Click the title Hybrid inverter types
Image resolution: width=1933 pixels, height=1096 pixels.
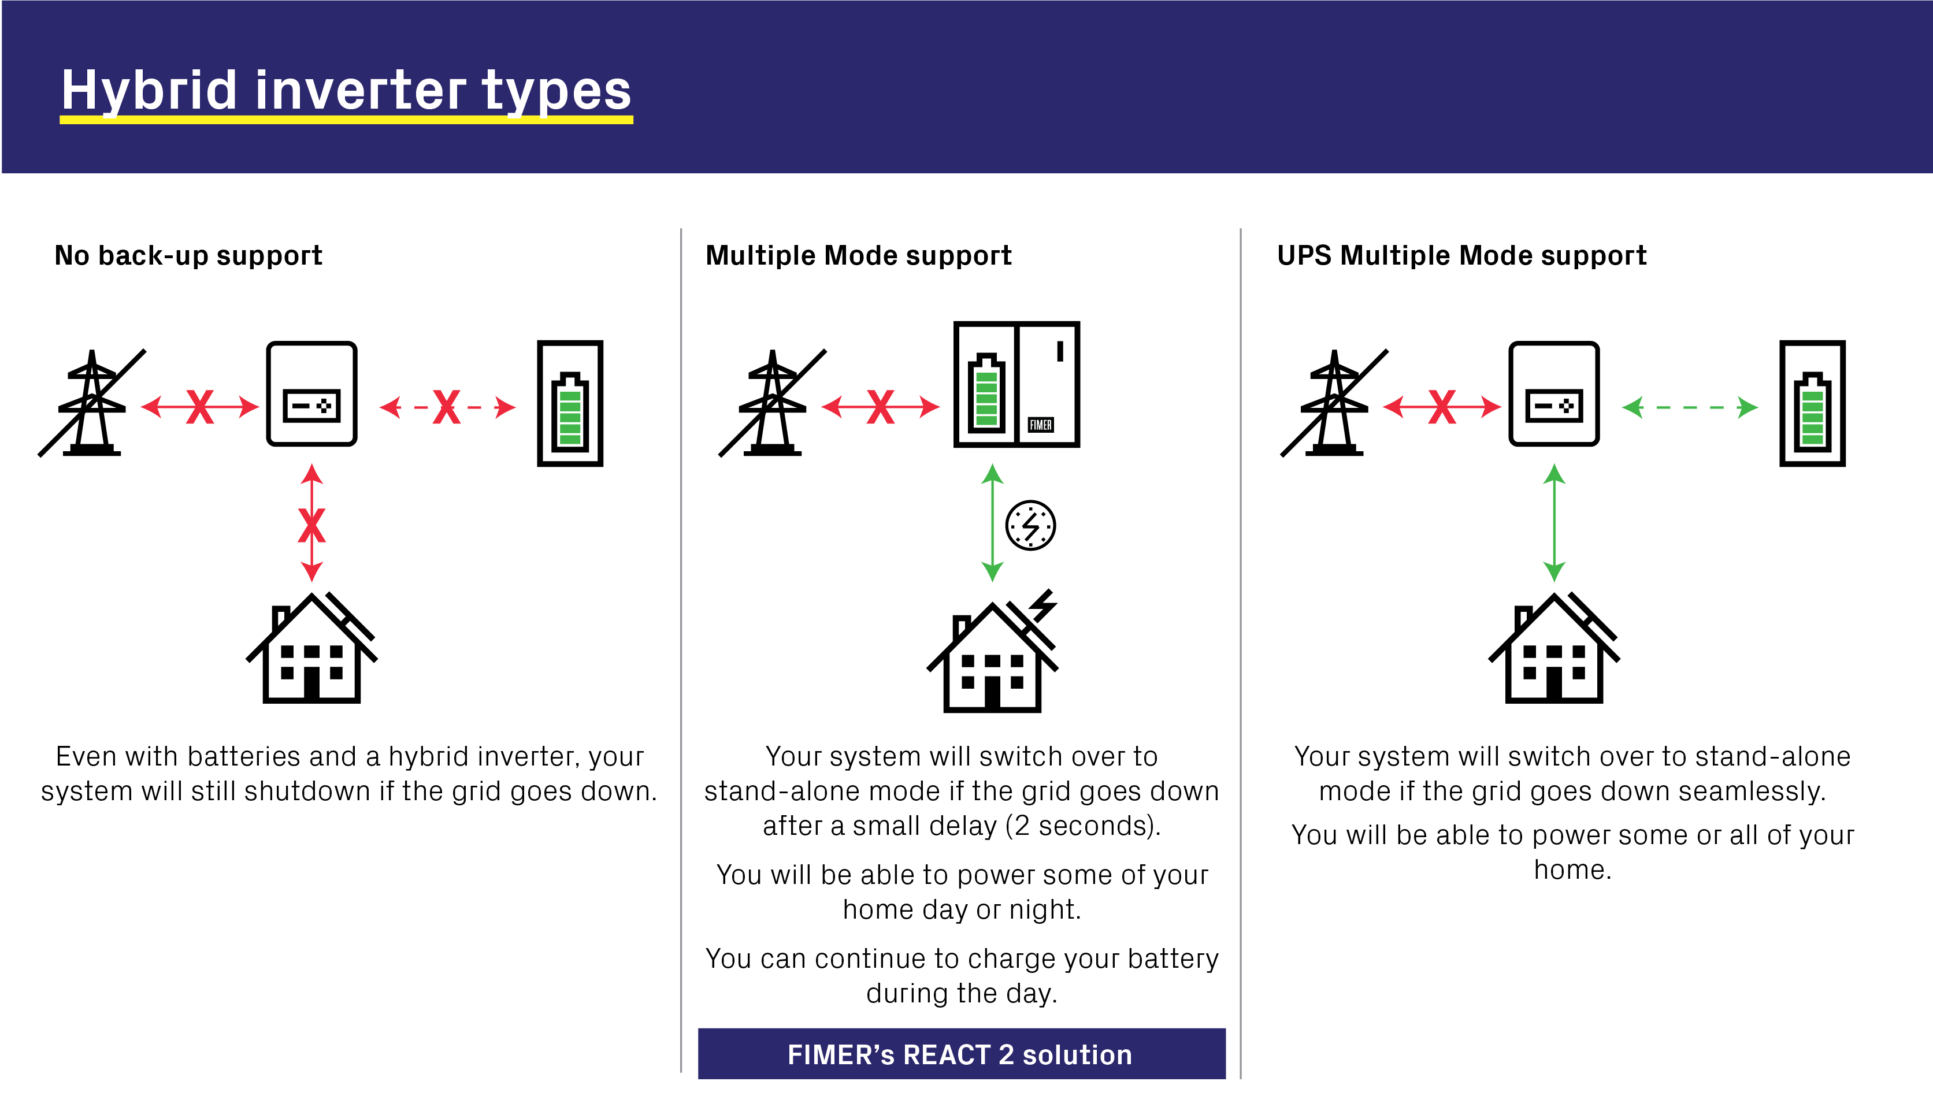346,90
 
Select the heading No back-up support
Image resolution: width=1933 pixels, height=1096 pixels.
188,256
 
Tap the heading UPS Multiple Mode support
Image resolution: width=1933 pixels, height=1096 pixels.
1462,256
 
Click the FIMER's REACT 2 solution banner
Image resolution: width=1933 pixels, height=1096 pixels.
960,1054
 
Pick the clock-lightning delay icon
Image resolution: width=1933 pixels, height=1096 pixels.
1030,525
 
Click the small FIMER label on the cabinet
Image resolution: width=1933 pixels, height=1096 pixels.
1040,425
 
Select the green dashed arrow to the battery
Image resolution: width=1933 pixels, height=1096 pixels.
1689,407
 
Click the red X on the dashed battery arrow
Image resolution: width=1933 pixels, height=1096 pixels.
446,407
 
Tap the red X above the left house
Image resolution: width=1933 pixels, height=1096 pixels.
311,525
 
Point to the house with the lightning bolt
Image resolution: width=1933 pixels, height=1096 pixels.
992,655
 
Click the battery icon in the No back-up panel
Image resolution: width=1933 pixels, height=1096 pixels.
570,404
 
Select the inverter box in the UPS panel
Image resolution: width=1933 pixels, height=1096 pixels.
1554,393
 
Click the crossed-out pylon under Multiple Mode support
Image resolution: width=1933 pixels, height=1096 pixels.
772,404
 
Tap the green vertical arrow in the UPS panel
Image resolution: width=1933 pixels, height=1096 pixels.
1554,523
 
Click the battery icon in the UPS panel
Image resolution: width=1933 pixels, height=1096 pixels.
1812,404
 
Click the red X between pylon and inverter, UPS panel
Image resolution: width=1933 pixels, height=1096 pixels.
1441,407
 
